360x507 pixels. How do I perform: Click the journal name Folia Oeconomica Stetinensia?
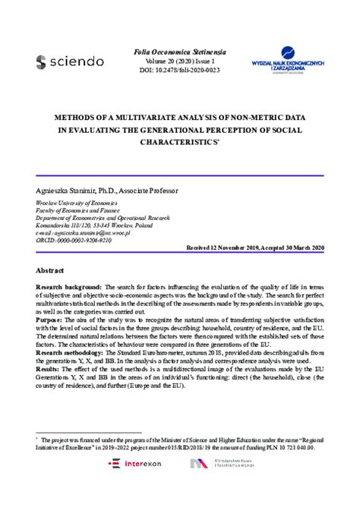(x=179, y=46)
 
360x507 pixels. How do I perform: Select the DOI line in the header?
(x=179, y=68)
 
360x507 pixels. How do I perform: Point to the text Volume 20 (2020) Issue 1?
(x=179, y=58)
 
